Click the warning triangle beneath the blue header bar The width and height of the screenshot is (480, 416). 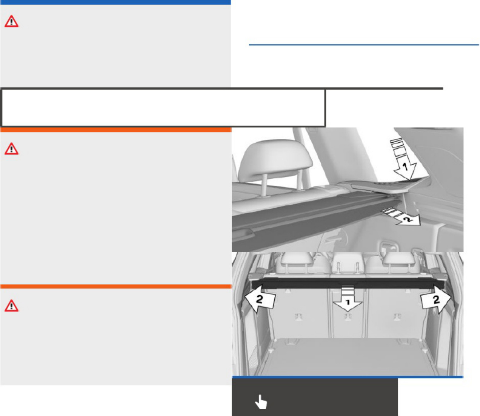11,22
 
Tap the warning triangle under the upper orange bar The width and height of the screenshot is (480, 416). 11,149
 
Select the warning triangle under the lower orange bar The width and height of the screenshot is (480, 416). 11,306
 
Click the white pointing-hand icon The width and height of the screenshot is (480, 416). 261,402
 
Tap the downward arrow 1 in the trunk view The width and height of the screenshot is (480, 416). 348,299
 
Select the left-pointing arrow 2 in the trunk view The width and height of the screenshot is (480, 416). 260,299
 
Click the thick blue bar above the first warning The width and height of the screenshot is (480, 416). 115,2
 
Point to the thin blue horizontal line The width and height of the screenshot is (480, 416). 364,45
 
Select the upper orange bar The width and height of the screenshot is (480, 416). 115,129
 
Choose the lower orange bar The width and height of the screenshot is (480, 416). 115,287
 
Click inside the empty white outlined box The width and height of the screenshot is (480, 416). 163,108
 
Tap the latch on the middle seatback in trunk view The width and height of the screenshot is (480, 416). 348,316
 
